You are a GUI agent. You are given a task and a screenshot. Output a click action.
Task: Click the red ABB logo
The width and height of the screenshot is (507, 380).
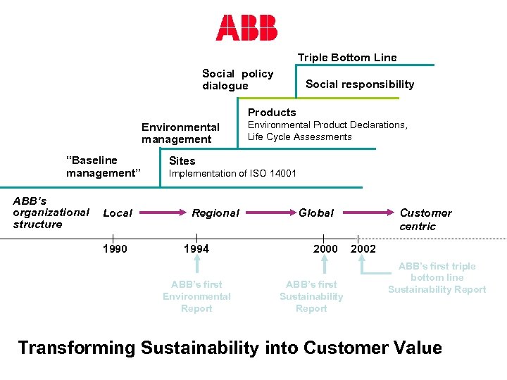pyautogui.click(x=246, y=27)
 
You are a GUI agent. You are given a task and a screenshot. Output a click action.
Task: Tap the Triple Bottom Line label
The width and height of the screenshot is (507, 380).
pyautogui.click(x=347, y=58)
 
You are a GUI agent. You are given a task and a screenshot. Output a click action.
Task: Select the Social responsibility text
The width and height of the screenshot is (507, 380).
pyautogui.click(x=360, y=84)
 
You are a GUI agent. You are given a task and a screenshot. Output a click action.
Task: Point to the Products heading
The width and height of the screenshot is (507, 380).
pyautogui.click(x=272, y=113)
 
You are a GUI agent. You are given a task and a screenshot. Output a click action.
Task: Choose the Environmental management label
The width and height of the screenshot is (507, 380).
pyautogui.click(x=180, y=133)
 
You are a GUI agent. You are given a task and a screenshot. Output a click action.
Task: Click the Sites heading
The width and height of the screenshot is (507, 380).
pyautogui.click(x=182, y=160)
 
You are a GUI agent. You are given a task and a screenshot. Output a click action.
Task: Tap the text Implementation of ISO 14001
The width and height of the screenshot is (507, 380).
pyautogui.click(x=233, y=174)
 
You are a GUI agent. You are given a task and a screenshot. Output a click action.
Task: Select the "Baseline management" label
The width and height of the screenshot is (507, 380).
pyautogui.click(x=104, y=167)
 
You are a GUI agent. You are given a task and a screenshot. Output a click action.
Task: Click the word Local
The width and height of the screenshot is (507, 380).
pyautogui.click(x=118, y=213)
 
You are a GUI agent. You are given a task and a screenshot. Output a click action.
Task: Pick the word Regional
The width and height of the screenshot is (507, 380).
pyautogui.click(x=215, y=213)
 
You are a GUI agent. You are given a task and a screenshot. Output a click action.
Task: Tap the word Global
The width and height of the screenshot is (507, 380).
pyautogui.click(x=316, y=213)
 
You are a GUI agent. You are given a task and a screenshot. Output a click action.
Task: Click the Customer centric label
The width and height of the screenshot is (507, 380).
pyautogui.click(x=425, y=220)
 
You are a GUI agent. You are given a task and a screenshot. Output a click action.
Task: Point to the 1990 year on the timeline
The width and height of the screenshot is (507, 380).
pyautogui.click(x=115, y=249)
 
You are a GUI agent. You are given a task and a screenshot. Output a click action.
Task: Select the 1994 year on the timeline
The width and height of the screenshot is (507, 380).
pyautogui.click(x=196, y=249)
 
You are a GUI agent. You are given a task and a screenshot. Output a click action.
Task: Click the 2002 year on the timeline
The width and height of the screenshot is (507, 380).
pyautogui.click(x=363, y=249)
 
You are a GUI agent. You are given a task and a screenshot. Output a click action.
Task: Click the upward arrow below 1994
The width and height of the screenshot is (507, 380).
pyautogui.click(x=197, y=265)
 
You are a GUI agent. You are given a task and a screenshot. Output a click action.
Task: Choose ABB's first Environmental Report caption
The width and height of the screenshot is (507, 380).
pyautogui.click(x=196, y=296)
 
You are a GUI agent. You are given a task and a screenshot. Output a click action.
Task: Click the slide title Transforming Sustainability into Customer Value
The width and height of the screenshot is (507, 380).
pyautogui.click(x=230, y=348)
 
